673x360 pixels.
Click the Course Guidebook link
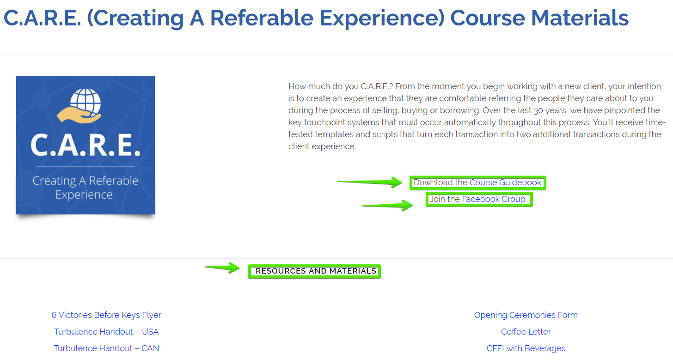point(505,183)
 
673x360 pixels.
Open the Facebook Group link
point(494,199)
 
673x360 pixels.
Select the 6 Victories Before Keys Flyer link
point(106,315)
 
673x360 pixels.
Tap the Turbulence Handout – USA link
point(106,331)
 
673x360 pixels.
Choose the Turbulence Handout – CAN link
point(106,348)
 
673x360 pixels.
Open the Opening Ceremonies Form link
point(526,315)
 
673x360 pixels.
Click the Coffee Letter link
point(526,331)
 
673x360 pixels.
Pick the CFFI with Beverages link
point(526,348)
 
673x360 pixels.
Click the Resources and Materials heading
point(316,271)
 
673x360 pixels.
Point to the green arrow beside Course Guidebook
point(370,182)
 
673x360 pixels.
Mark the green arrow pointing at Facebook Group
point(387,205)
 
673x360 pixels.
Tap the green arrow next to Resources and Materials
point(222,268)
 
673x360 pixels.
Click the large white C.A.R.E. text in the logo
point(86,145)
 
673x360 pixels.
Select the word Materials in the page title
point(580,18)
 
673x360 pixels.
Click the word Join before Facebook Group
point(436,199)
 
